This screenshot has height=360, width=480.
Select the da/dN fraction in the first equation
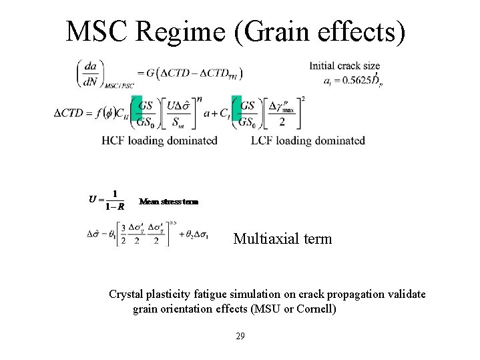tap(89, 73)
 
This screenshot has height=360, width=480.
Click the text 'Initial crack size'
tap(344, 65)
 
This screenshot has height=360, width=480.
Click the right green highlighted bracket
tap(236, 112)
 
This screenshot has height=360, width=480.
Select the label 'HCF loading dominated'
tap(160, 140)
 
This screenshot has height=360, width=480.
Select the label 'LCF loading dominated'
tap(308, 140)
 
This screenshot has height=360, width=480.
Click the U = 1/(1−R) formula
tap(107, 199)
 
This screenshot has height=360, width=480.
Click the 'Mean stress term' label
tap(168, 201)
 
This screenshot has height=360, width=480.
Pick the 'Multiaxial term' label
tap(282, 238)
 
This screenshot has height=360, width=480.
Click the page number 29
tap(240, 336)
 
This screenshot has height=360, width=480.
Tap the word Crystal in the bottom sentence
tap(127, 295)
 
